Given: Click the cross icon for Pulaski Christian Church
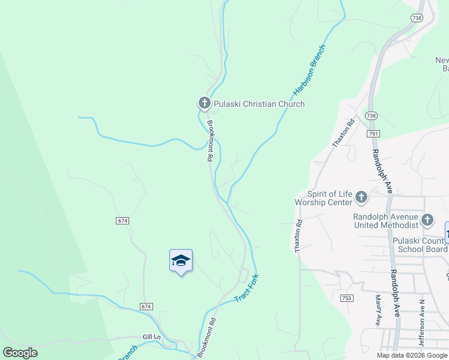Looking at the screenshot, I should pos(204,104).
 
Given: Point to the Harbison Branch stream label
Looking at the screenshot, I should pos(309,71).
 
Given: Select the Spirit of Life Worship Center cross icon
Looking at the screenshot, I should pos(361,197).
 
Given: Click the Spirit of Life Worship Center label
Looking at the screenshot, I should pos(323,198).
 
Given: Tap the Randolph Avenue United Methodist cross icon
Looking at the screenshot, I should pos(427,220).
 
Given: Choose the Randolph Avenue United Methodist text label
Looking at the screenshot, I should pos(385,221).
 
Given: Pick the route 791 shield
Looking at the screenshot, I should pos(373,133).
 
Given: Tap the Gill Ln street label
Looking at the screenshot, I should pos(152,338).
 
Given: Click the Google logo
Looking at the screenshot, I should pos(20,353).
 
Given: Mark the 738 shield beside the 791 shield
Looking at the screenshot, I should pos(371,115).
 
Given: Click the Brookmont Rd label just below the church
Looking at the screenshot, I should pos(210,142).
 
